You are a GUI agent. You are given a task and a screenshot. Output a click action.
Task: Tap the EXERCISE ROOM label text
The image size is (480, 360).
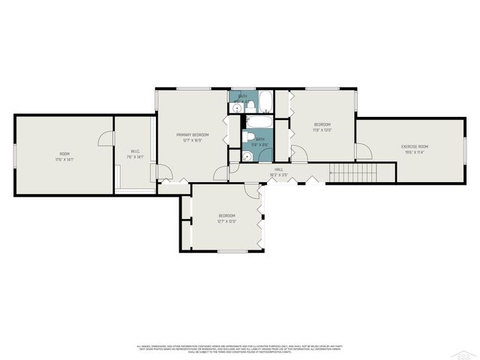coord(414,146)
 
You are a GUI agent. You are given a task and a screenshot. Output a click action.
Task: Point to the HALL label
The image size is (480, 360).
coord(278,169)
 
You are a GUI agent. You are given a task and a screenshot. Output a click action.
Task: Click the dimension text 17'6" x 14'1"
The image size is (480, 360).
coord(64,159)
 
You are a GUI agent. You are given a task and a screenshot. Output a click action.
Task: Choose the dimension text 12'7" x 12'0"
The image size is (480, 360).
coord(226,221)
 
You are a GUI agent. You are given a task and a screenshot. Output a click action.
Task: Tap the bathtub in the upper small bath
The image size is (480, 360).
coord(266,101)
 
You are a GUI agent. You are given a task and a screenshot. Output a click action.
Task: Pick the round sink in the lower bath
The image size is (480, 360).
coord(247,156)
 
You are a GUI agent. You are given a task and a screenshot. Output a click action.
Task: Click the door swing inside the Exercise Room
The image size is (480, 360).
coord(363,151)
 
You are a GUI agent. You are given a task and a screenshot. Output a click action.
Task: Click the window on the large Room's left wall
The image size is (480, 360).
coord(15,155)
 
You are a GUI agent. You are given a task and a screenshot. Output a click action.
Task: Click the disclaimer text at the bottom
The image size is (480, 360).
coord(240,348)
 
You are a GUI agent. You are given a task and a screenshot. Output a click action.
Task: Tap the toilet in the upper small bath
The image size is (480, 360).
coord(247,104)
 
